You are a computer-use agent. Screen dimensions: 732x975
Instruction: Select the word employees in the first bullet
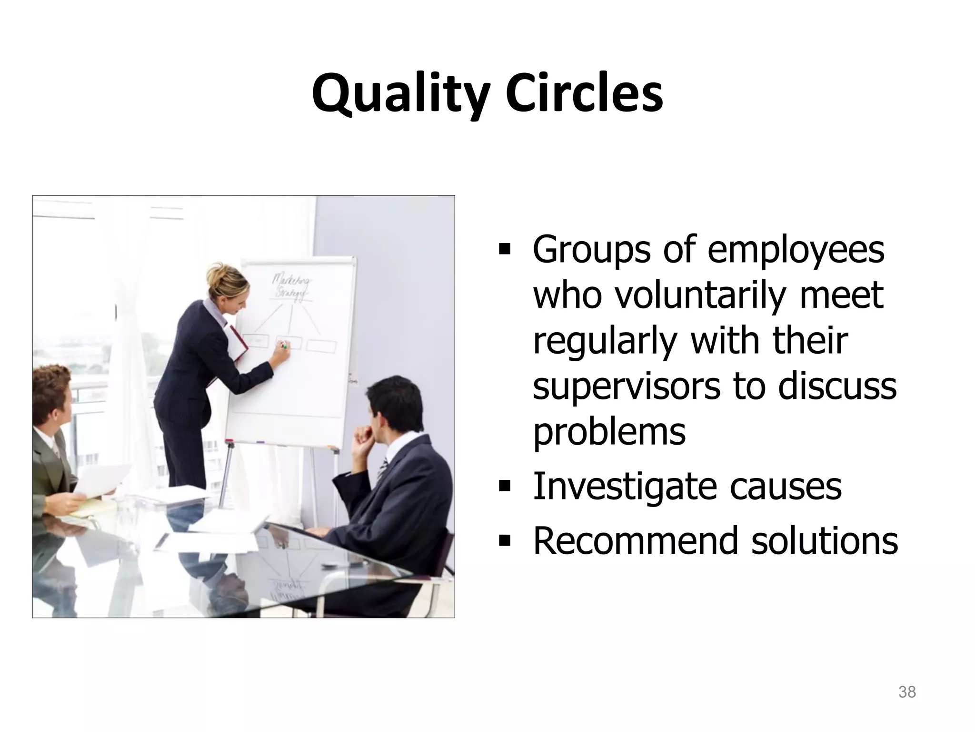pos(796,250)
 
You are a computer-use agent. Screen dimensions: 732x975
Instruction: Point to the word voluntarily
pos(699,295)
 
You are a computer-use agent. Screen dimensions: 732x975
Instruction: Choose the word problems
pos(609,432)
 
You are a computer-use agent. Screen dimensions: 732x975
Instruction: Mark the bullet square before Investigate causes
pos(504,487)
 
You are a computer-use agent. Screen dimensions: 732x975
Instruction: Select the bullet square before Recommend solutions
pos(504,541)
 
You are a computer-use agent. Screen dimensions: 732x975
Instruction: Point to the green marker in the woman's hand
pos(284,346)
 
